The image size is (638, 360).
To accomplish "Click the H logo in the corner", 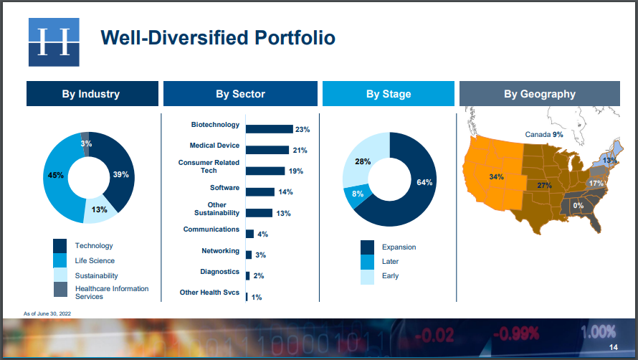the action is click(54, 42).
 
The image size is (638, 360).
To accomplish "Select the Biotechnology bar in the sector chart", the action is click(270, 129).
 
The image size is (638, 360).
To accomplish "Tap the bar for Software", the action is click(260, 191).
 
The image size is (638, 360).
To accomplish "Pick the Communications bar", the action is click(250, 234).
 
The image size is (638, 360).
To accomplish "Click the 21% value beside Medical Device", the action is click(300, 151).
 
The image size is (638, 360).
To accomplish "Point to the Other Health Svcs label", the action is click(209, 293).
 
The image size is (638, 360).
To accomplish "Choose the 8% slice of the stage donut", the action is click(357, 196).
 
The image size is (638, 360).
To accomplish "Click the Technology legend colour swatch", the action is click(59, 246).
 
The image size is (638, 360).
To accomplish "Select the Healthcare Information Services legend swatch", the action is click(59, 290).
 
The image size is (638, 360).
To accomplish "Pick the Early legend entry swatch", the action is click(368, 277).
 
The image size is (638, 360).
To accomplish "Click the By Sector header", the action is click(240, 94).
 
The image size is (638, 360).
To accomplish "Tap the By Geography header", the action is click(540, 94).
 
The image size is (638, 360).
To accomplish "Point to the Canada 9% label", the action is click(544, 134).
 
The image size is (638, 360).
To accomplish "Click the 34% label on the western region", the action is click(496, 176).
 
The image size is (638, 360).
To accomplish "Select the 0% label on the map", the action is click(579, 206).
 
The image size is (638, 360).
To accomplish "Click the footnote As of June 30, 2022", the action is click(47, 313).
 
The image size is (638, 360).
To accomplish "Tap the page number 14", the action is click(614, 347).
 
